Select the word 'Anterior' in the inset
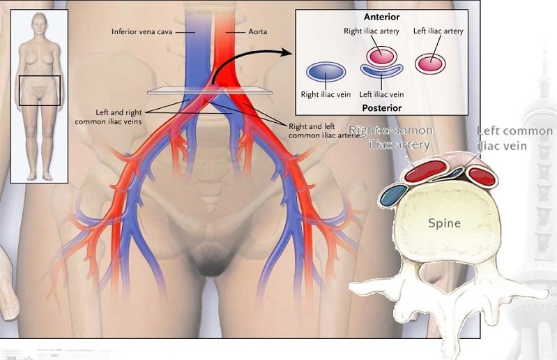pos(382,17)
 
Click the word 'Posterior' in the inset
pos(382,107)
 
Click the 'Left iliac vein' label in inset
pos(381,93)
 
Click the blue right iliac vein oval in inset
pos(326,71)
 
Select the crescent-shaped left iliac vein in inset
pos(381,70)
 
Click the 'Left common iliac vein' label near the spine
pos(514,139)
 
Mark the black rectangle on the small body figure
pos(39,90)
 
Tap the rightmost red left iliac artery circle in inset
pos(431,62)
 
